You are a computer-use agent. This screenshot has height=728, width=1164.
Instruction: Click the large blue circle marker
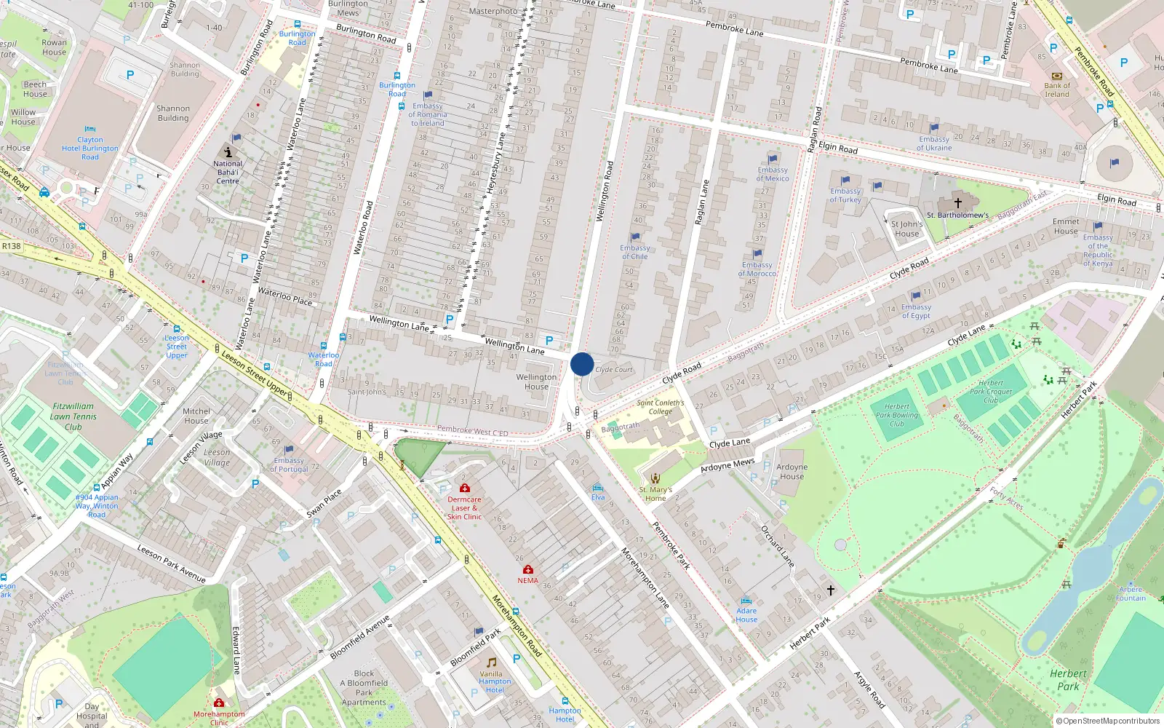click(x=582, y=364)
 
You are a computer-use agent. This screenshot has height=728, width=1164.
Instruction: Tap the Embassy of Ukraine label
click(x=934, y=143)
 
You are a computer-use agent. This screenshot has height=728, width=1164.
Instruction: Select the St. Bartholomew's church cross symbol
click(x=958, y=202)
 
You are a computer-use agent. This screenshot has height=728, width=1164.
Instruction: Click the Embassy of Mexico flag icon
click(x=773, y=159)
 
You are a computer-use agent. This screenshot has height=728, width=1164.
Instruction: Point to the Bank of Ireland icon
click(x=1057, y=76)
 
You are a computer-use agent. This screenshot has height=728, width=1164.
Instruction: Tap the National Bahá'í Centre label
click(x=228, y=172)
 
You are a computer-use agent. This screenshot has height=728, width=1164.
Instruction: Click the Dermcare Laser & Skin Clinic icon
click(x=465, y=488)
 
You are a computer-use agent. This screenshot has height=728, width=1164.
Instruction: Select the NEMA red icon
click(x=528, y=569)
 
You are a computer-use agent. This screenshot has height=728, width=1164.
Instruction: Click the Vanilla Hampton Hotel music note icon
click(x=492, y=662)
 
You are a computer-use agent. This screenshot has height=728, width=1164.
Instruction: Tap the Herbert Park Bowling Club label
click(x=897, y=415)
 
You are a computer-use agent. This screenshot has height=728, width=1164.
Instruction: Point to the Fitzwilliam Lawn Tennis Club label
click(x=73, y=416)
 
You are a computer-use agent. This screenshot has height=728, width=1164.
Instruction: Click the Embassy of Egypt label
click(x=916, y=312)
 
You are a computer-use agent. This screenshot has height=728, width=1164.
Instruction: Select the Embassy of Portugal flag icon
click(x=289, y=450)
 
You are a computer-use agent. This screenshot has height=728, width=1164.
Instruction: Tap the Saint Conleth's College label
click(x=661, y=407)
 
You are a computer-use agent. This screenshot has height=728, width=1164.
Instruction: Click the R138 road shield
click(x=12, y=246)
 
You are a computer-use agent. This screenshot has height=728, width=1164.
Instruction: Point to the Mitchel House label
click(x=196, y=416)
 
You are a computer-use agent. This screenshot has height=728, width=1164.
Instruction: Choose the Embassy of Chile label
click(x=634, y=252)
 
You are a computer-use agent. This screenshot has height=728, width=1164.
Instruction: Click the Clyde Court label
click(x=614, y=370)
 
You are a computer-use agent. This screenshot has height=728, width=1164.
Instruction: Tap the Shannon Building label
click(x=173, y=113)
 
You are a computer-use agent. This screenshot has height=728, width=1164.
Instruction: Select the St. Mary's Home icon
click(x=655, y=478)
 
